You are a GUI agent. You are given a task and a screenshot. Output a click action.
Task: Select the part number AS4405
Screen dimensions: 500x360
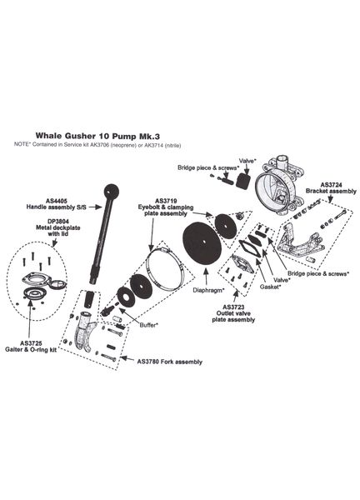point(57,201)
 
